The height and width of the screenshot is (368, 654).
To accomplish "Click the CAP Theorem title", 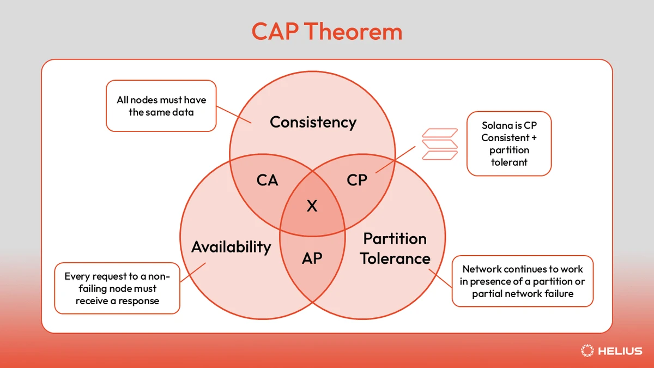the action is (326, 31).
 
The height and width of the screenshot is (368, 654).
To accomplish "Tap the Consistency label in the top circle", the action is (313, 122).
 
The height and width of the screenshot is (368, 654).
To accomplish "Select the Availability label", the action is (231, 247).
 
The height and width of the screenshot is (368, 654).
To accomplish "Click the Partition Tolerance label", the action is (395, 248).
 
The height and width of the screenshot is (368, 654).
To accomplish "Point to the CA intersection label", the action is (267, 180).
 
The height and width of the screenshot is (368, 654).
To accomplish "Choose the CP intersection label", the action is (357, 180).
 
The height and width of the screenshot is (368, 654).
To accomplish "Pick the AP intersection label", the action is (312, 258).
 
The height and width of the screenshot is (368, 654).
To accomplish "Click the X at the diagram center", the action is (312, 206).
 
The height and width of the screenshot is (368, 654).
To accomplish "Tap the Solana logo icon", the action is (440, 144).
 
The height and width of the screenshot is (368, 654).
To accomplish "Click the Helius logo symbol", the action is (587, 351).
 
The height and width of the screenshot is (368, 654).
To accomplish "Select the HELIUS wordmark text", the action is (620, 351).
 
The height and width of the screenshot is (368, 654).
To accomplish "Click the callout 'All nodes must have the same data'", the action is (161, 106).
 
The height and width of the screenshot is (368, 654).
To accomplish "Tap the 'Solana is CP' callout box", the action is (509, 143).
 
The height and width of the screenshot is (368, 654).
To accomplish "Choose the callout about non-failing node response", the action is (117, 288).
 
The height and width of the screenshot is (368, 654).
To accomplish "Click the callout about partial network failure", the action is (522, 281).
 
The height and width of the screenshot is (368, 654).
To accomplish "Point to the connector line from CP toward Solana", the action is (395, 160).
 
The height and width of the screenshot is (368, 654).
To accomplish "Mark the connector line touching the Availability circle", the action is (193, 273).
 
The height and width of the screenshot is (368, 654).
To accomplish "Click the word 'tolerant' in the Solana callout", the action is (509, 162).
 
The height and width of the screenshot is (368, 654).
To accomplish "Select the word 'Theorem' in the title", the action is (353, 31).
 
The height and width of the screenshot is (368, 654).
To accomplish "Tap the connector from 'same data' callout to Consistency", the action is (234, 114).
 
